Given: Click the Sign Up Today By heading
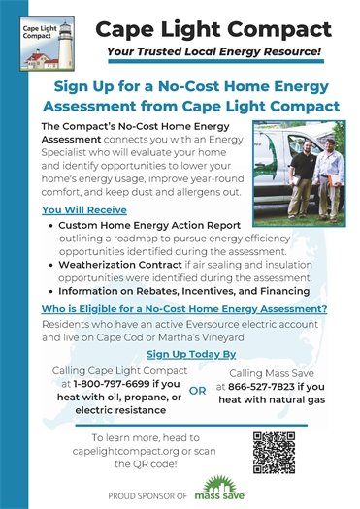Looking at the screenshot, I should click(x=180, y=355).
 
